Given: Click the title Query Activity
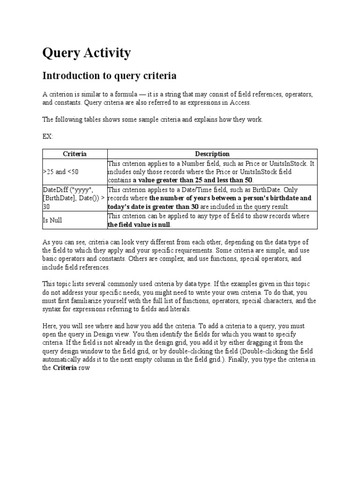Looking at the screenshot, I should (86, 53).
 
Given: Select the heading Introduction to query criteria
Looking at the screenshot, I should (109, 75).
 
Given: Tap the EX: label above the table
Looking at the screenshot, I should (48, 136).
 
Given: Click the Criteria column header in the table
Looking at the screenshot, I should (75, 154).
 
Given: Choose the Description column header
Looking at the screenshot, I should (212, 154).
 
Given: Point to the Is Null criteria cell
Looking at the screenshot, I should (52, 220).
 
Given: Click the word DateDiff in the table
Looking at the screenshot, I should (56, 190).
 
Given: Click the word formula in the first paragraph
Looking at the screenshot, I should (124, 95).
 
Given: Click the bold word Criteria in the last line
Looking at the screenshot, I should (65, 368).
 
